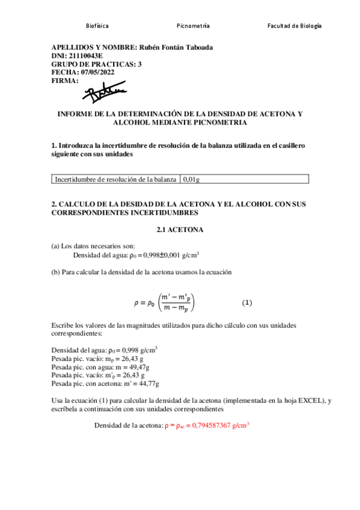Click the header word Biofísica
click(97, 26)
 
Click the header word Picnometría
click(193, 26)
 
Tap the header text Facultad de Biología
click(294, 26)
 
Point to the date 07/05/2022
click(94, 72)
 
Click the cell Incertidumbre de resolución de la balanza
click(115, 179)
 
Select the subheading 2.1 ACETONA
click(180, 230)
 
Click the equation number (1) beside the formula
click(247, 301)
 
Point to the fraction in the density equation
click(176, 301)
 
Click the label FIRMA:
click(65, 80)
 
